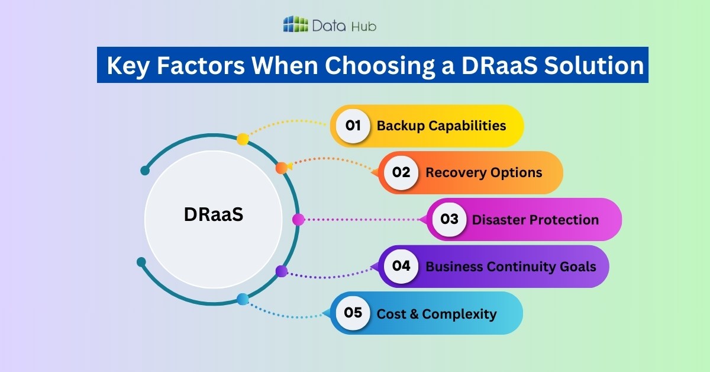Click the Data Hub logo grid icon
295,25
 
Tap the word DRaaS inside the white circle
214,214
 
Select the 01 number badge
353,126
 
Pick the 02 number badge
401,172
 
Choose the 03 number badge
449,219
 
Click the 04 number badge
401,266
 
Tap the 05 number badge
353,313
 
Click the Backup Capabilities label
441,126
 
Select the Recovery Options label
483,172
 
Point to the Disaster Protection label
535,220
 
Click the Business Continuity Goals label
510,267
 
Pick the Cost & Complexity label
436,313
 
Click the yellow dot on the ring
243,139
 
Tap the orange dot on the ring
282,168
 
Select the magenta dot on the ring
298,219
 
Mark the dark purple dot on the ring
282,271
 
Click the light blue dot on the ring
242,299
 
